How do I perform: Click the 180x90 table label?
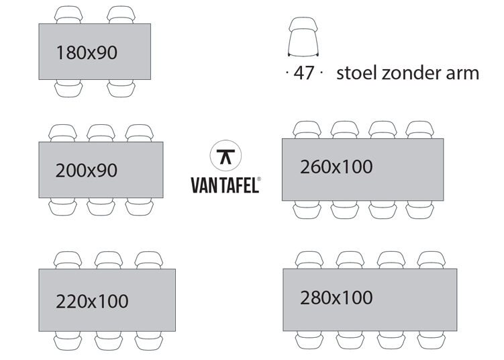click(87, 52)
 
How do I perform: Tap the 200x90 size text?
click(87, 171)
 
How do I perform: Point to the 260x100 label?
click(336, 167)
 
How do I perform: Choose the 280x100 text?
click(336, 298)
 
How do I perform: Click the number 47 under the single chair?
click(303, 73)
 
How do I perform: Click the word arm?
click(465, 73)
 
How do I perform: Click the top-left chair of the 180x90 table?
click(68, 15)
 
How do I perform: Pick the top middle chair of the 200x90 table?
click(101, 133)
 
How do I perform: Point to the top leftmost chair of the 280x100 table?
click(309, 260)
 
